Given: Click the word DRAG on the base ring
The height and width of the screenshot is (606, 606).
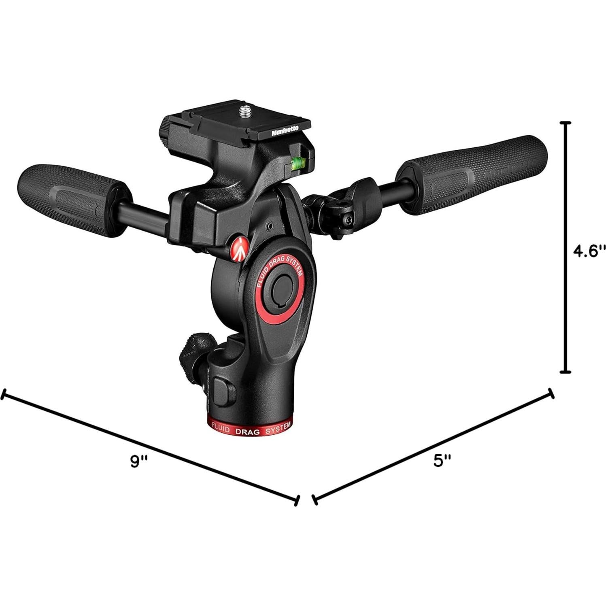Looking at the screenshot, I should click(x=248, y=432).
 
